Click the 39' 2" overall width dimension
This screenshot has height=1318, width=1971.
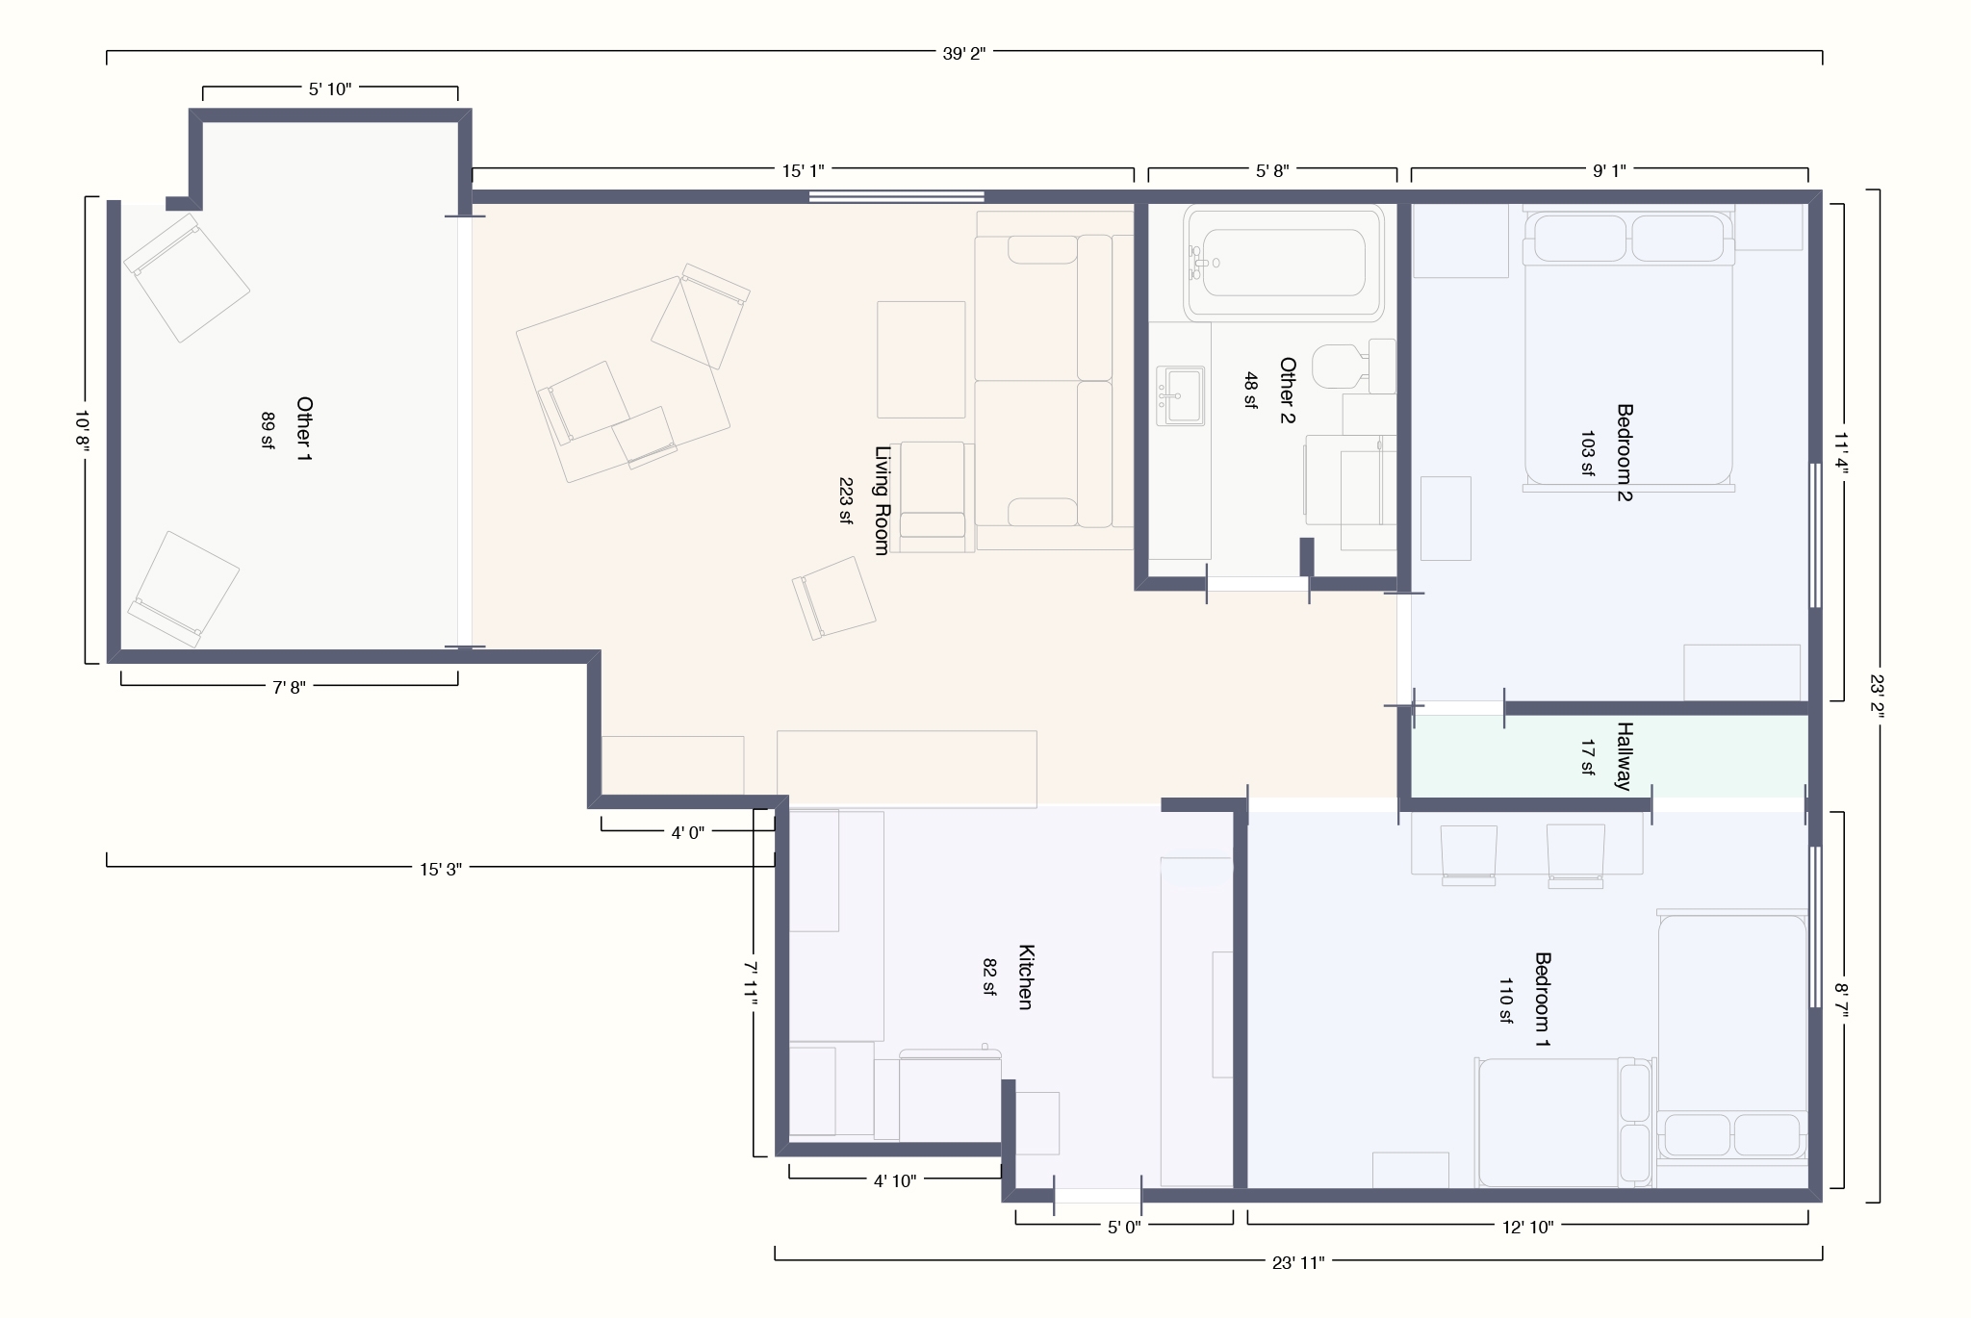pyautogui.click(x=963, y=54)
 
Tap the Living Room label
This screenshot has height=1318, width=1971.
pyautogui.click(x=882, y=500)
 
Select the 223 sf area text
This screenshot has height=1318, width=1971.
pyautogui.click(x=846, y=500)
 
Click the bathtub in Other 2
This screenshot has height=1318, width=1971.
pyautogui.click(x=1284, y=262)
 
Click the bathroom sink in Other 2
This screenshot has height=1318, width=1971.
pyautogui.click(x=1180, y=395)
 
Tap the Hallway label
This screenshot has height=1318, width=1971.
pyautogui.click(x=1625, y=755)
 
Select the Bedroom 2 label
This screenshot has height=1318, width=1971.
pyautogui.click(x=1625, y=452)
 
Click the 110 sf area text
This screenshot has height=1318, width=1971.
pyautogui.click(x=1505, y=1001)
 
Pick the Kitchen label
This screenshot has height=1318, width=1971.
pyautogui.click(x=1025, y=976)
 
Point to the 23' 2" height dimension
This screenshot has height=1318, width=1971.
pyautogui.click(x=1877, y=696)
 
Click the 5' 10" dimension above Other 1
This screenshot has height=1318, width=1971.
pyautogui.click(x=330, y=89)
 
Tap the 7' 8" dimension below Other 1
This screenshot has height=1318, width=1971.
pyautogui.click(x=289, y=687)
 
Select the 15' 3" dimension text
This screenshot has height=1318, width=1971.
pyautogui.click(x=441, y=869)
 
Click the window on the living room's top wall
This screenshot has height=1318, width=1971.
pyautogui.click(x=896, y=197)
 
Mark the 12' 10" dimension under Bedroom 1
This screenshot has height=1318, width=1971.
pyautogui.click(x=1528, y=1227)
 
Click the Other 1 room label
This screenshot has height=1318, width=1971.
pyautogui.click(x=304, y=428)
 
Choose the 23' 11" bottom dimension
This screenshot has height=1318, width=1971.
pyautogui.click(x=1298, y=1262)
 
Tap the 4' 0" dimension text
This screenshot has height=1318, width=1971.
pyautogui.click(x=688, y=832)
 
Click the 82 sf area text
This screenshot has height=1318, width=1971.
pyautogui.click(x=989, y=976)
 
